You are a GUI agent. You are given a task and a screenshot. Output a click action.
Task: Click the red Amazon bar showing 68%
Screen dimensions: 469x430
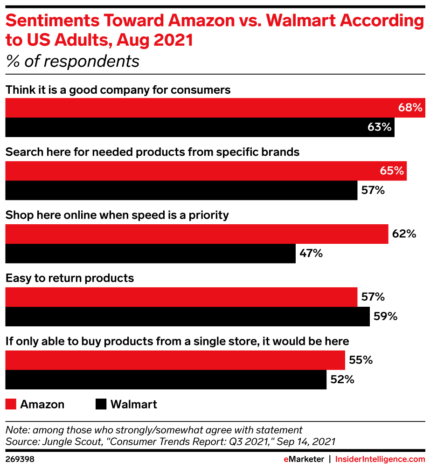(210, 108)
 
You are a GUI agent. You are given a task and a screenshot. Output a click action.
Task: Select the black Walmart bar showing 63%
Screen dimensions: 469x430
(196, 127)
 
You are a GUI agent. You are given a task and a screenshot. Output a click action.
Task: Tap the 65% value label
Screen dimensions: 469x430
(392, 171)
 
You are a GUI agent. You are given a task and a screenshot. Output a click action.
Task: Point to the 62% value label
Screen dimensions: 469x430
(404, 234)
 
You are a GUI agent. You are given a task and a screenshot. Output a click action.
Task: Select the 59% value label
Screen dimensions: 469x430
(385, 317)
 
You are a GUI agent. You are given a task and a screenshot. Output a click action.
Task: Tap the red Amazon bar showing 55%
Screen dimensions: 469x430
(175, 360)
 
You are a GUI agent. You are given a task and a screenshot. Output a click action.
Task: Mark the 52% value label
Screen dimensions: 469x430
(342, 380)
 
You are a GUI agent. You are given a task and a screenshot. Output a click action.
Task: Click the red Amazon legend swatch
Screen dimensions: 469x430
(11, 404)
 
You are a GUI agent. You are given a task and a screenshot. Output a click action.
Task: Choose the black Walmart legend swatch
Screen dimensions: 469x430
(101, 404)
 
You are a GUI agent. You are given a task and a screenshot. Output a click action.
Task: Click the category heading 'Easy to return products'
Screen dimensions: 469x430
(69, 278)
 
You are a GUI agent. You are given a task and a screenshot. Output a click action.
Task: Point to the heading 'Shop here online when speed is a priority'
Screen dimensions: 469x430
(117, 215)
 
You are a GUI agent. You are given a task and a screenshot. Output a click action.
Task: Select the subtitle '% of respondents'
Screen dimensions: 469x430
(72, 62)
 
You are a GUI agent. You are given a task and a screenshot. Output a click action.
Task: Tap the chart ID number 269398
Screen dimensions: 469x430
(20, 459)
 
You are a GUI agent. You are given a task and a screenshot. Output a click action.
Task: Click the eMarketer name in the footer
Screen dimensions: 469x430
(304, 459)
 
